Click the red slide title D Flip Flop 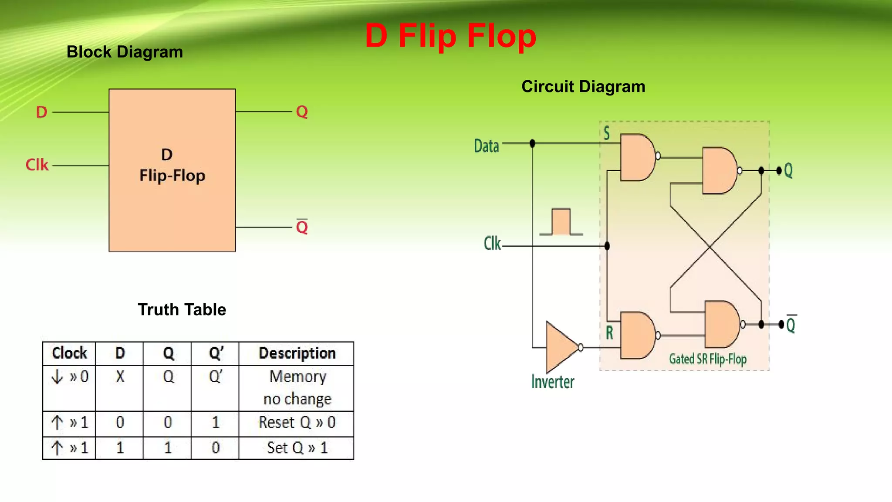(x=450, y=36)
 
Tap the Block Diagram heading (x=125, y=52)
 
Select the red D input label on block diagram (x=41, y=112)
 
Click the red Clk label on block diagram (x=37, y=165)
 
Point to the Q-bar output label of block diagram (x=302, y=227)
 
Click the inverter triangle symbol (x=561, y=347)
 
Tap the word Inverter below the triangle (x=552, y=382)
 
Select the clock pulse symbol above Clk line (x=561, y=222)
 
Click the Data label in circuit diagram (x=486, y=146)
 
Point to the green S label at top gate (x=606, y=133)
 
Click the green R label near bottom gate (x=609, y=333)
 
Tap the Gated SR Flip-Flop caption (x=707, y=359)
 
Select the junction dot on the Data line (x=532, y=143)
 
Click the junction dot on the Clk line (x=607, y=246)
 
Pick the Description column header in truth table (x=297, y=353)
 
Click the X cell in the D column (x=120, y=376)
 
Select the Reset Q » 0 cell (x=297, y=422)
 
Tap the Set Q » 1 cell (x=297, y=448)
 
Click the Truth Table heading (x=182, y=309)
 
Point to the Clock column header (x=69, y=353)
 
